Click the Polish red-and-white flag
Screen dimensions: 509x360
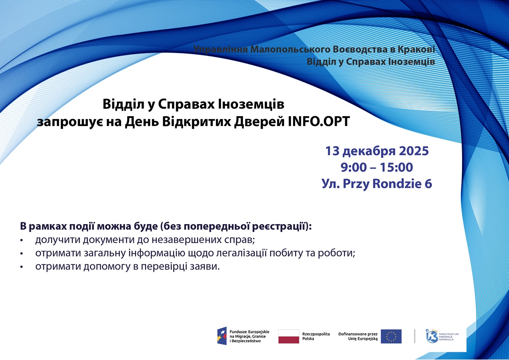pos(289,336)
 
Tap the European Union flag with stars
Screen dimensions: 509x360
pos(391,336)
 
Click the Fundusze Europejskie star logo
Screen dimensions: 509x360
pos(222,336)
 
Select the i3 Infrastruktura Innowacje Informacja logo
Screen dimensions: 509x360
pos(442,336)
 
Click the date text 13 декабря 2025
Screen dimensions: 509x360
pos(377,151)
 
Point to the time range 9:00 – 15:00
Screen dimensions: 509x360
pos(377,167)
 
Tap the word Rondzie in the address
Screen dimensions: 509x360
pos(396,183)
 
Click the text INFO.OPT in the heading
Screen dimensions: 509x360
pos(319,122)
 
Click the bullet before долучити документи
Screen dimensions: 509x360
pos(22,241)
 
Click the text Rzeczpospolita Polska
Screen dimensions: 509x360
pos(316,336)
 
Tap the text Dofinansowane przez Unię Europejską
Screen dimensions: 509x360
pos(358,336)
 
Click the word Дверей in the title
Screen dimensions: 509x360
pos(259,122)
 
